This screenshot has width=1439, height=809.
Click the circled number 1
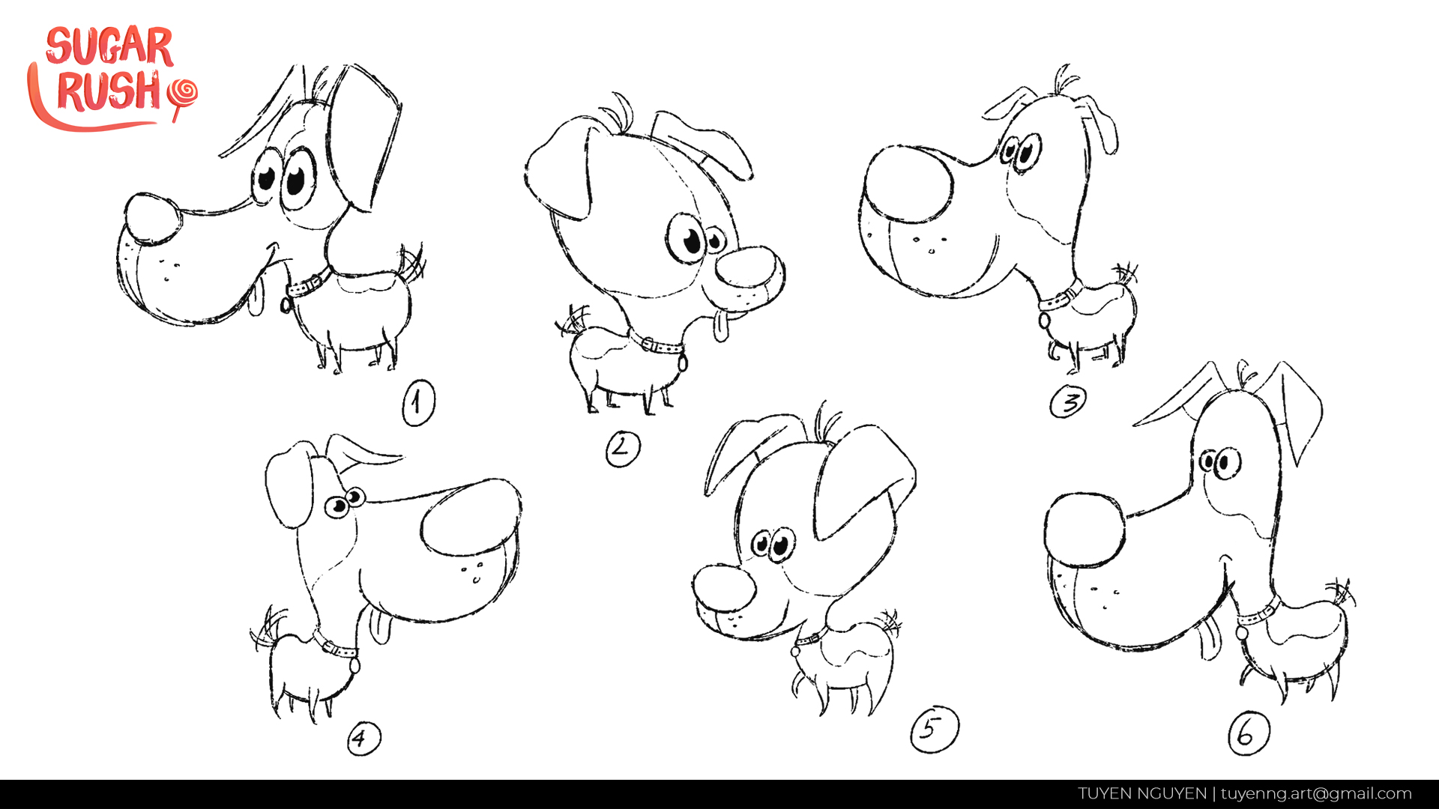pyautogui.click(x=418, y=403)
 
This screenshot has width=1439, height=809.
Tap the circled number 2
pyautogui.click(x=623, y=449)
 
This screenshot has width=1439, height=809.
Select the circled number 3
pyautogui.click(x=1068, y=402)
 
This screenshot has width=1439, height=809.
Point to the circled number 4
pyautogui.click(x=363, y=739)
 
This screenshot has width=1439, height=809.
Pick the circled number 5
pyautogui.click(x=935, y=729)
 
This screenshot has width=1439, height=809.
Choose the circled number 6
pyautogui.click(x=1249, y=733)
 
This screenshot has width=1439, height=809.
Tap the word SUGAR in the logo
pyautogui.click(x=109, y=46)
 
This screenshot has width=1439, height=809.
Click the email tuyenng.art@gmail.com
pyautogui.click(x=1316, y=794)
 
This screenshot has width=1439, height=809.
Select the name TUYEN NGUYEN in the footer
pyautogui.click(x=1142, y=794)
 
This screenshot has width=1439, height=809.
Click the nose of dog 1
pyautogui.click(x=152, y=219)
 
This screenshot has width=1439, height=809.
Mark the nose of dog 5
pyautogui.click(x=724, y=588)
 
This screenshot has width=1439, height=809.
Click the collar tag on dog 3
pyautogui.click(x=1045, y=321)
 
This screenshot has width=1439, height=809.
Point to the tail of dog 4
pyautogui.click(x=267, y=629)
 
